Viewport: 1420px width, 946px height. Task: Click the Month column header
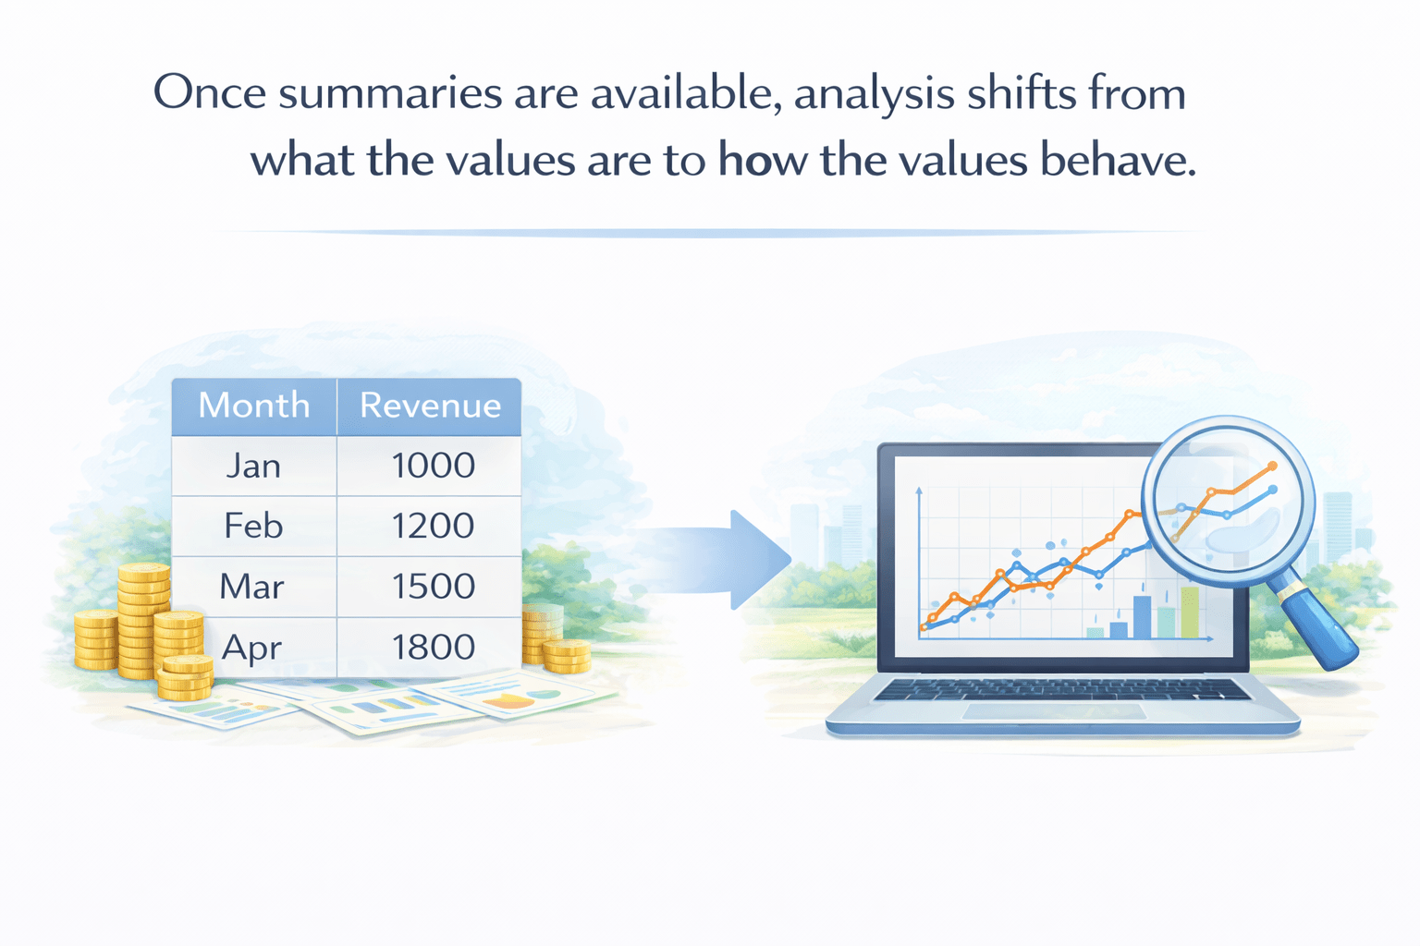[254, 405]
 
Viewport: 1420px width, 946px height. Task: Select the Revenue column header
[431, 405]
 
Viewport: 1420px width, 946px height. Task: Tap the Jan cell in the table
[253, 467]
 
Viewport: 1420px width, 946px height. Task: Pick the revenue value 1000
[433, 466]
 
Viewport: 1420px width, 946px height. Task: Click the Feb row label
[253, 526]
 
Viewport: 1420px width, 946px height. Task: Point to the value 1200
[433, 526]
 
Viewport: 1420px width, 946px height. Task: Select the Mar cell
[251, 586]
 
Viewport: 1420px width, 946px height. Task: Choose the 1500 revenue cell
[433, 586]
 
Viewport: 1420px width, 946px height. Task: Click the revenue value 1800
[433, 647]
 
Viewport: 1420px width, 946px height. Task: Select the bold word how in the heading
[763, 159]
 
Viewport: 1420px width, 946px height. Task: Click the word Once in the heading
[210, 92]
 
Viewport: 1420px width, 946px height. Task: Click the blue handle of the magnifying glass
[1321, 628]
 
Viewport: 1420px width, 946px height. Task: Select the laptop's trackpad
[1054, 711]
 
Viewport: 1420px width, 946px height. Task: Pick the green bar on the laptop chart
[1190, 612]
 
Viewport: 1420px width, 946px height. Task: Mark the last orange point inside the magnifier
[1272, 467]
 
